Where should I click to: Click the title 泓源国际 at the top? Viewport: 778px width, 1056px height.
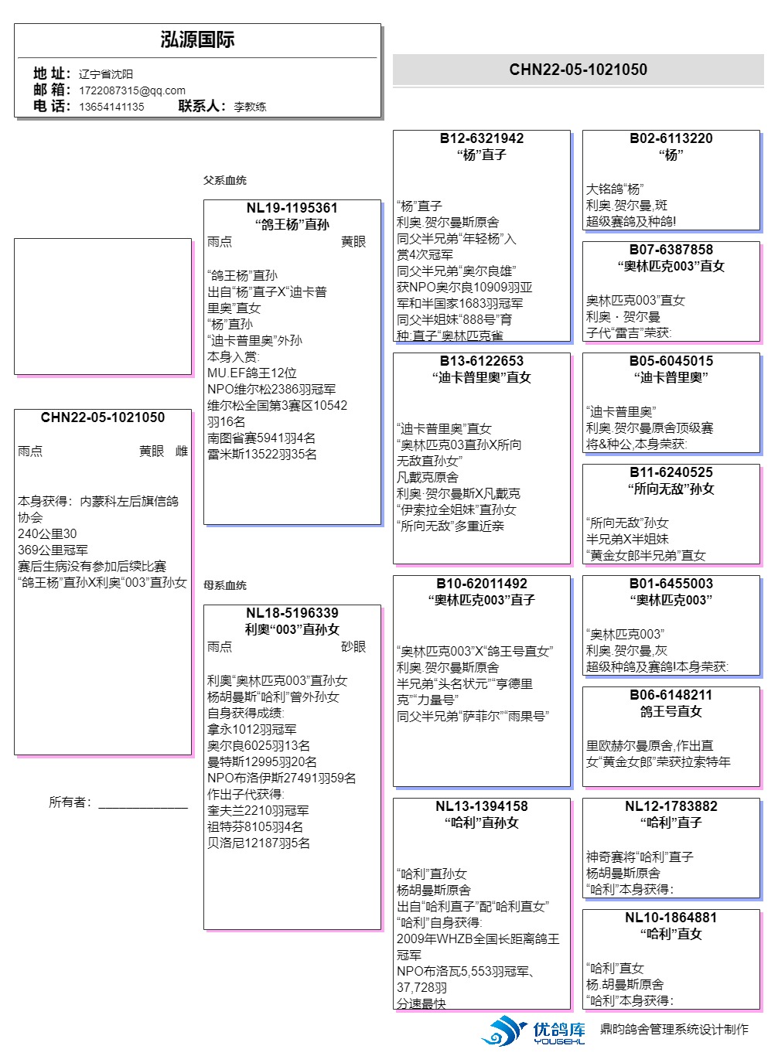pos(197,40)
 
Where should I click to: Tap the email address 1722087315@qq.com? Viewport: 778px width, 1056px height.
pos(131,90)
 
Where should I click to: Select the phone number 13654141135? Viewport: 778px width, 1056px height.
pos(111,107)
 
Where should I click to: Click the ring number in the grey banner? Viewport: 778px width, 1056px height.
pos(578,70)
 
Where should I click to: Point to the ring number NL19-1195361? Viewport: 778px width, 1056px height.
pos(292,208)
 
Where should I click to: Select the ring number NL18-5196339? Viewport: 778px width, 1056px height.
pos(292,613)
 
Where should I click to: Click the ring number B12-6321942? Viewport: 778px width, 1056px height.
pos(481,138)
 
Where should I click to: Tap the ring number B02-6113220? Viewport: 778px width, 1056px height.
pos(671,138)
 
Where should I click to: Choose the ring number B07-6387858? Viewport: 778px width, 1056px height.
pos(671,250)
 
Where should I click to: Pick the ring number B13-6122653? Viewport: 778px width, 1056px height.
pos(481,361)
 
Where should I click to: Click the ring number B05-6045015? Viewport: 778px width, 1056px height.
pos(671,361)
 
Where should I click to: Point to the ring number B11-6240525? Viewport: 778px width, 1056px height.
pos(671,472)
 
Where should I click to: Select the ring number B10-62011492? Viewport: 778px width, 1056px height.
pos(481,584)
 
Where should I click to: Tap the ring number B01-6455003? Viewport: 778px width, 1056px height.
pos(671,584)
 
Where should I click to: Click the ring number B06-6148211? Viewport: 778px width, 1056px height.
pos(671,695)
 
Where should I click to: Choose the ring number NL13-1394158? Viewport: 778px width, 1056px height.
pos(481,806)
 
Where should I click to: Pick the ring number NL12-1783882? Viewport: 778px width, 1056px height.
pos(671,806)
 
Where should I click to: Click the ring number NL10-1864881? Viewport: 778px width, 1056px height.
pos(671,918)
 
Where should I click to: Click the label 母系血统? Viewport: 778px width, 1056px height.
pos(225,585)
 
